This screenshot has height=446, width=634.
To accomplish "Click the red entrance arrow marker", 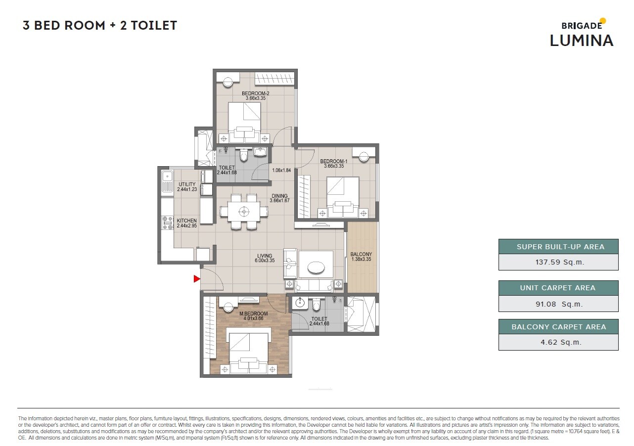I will point(196,279).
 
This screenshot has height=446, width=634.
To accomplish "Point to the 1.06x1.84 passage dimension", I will point(282,171).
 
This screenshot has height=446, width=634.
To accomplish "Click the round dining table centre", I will point(243,212).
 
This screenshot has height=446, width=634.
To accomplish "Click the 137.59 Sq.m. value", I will point(558,263).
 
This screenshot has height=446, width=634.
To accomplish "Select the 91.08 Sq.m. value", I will point(558,304).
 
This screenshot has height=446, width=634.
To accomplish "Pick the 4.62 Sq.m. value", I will point(558,342).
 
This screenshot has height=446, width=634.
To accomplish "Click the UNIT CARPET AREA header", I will point(558,288).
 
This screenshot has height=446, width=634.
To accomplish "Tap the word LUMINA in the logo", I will point(581,41).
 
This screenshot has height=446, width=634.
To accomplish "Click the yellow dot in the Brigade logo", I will point(602,21).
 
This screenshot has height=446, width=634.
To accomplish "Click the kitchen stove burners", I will point(167,223).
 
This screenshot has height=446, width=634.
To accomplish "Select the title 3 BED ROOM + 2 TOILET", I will point(100,26).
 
